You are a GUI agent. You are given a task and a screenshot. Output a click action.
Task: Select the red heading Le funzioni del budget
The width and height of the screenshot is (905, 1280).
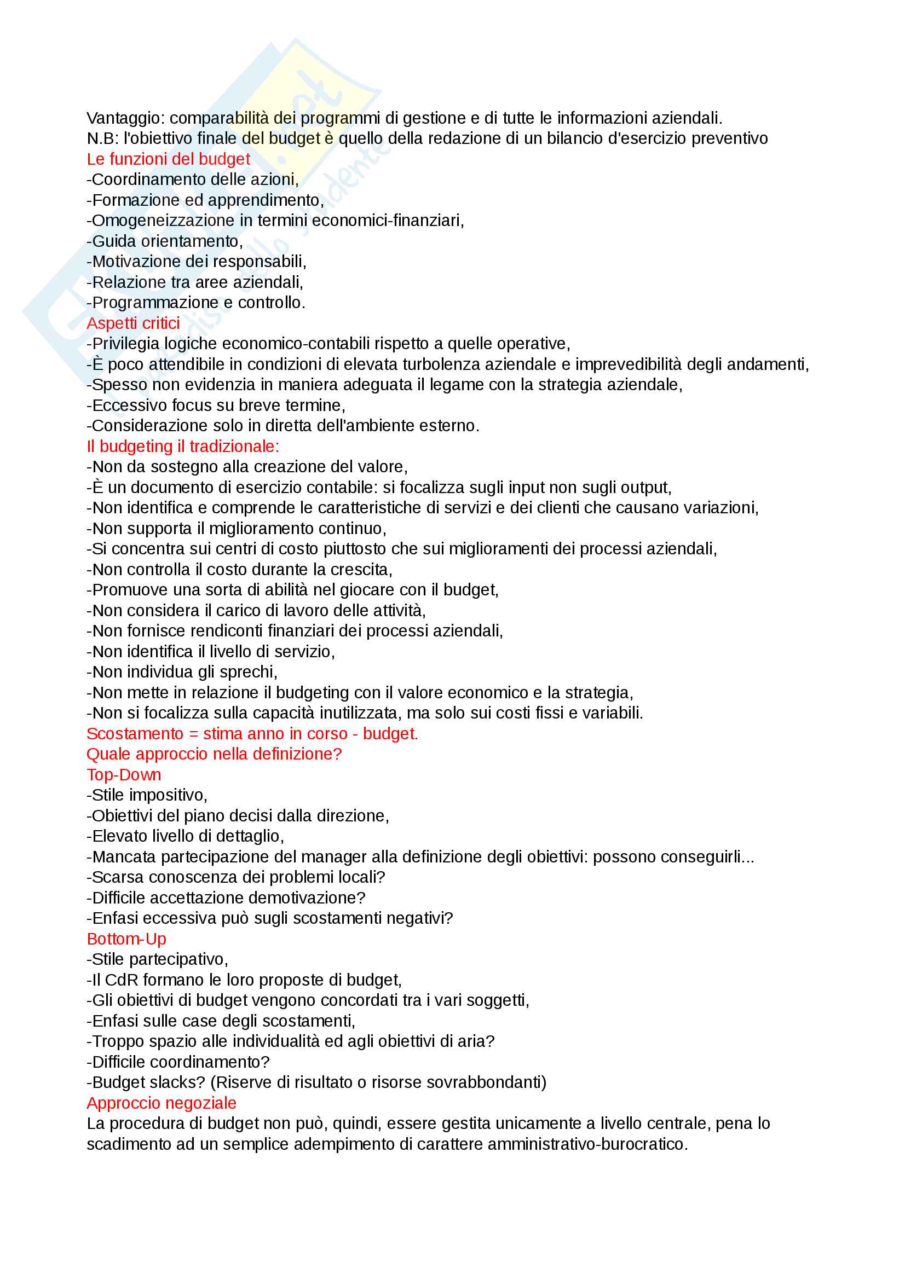[x=169, y=159]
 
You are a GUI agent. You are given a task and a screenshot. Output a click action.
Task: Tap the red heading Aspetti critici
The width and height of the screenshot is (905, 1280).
[x=133, y=323]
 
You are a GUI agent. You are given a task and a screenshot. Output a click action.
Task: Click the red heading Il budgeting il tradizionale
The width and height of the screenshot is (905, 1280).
[x=183, y=447]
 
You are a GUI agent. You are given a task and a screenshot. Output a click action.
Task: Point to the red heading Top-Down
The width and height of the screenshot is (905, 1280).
[x=124, y=775]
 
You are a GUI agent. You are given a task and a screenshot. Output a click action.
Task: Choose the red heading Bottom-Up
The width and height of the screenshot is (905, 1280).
[x=126, y=940]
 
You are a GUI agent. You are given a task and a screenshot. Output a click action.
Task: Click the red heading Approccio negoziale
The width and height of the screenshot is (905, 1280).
[x=162, y=1103]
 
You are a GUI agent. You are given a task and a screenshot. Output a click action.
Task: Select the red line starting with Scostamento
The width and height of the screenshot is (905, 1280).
[x=252, y=734]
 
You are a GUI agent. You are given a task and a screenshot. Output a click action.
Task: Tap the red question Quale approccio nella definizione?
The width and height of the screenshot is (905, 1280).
[x=214, y=754]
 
